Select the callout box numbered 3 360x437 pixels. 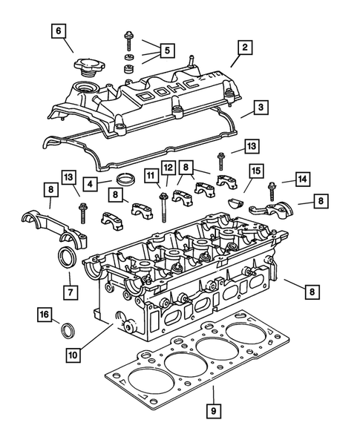click(x=261, y=108)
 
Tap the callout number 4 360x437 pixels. click(x=89, y=183)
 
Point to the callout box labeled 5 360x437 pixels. click(x=166, y=50)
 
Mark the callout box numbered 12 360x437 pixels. click(x=168, y=169)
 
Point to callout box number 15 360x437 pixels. click(x=256, y=172)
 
